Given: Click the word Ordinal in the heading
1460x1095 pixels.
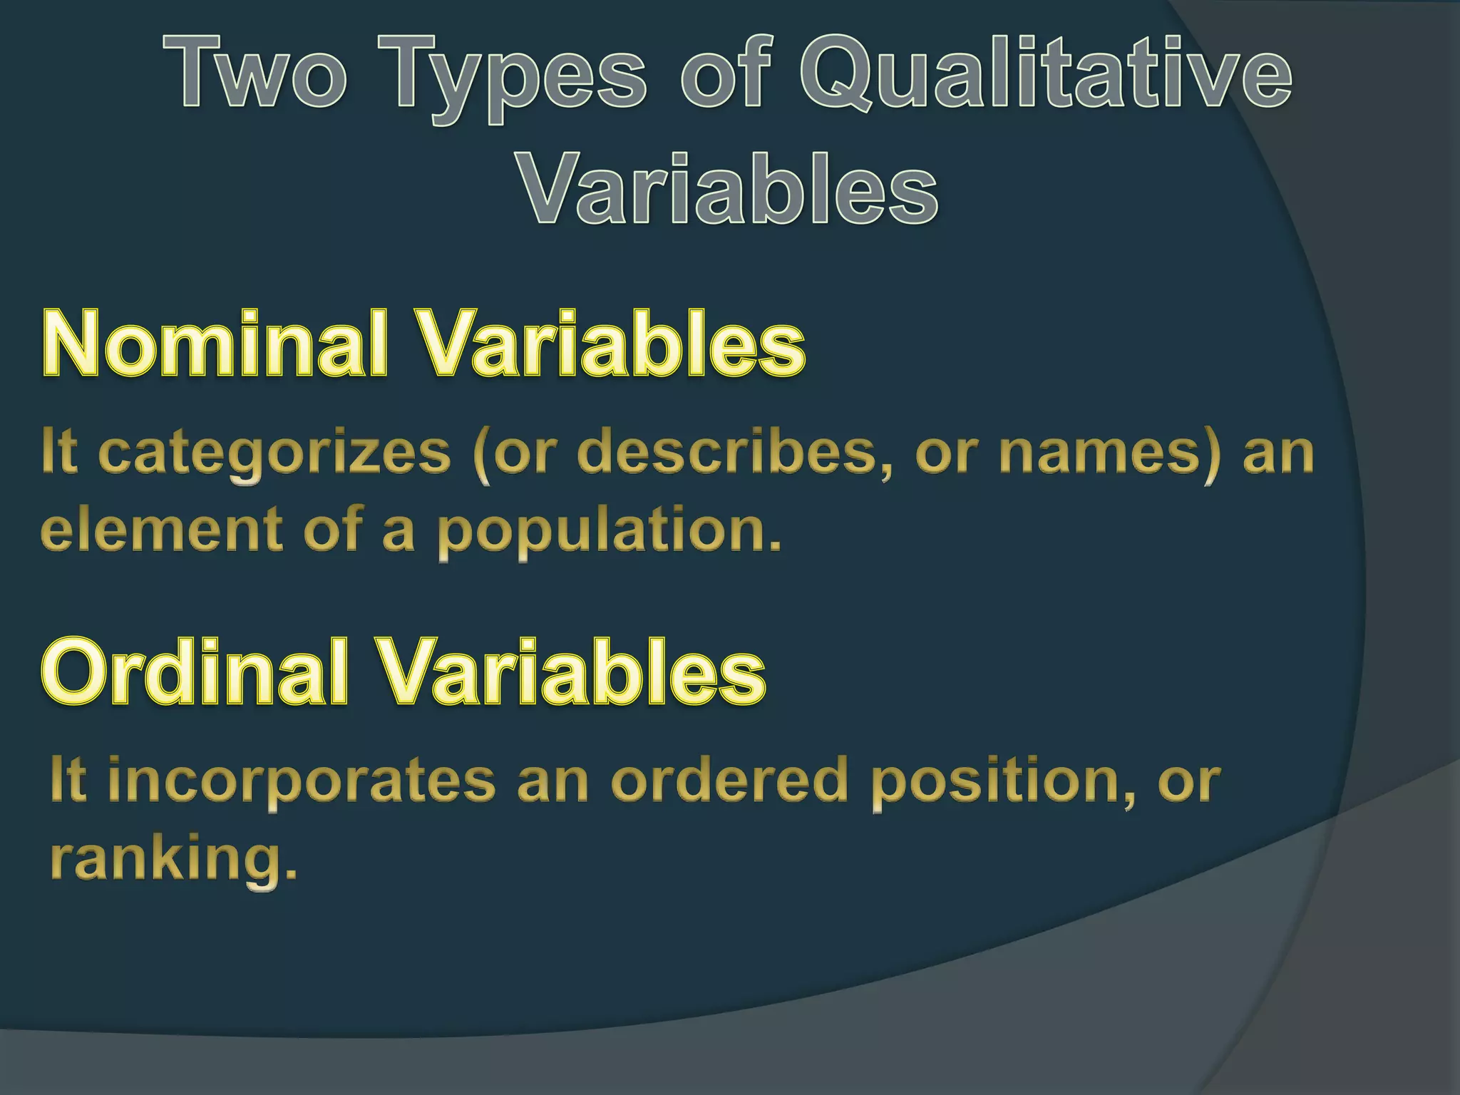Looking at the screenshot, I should pyautogui.click(x=195, y=672).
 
